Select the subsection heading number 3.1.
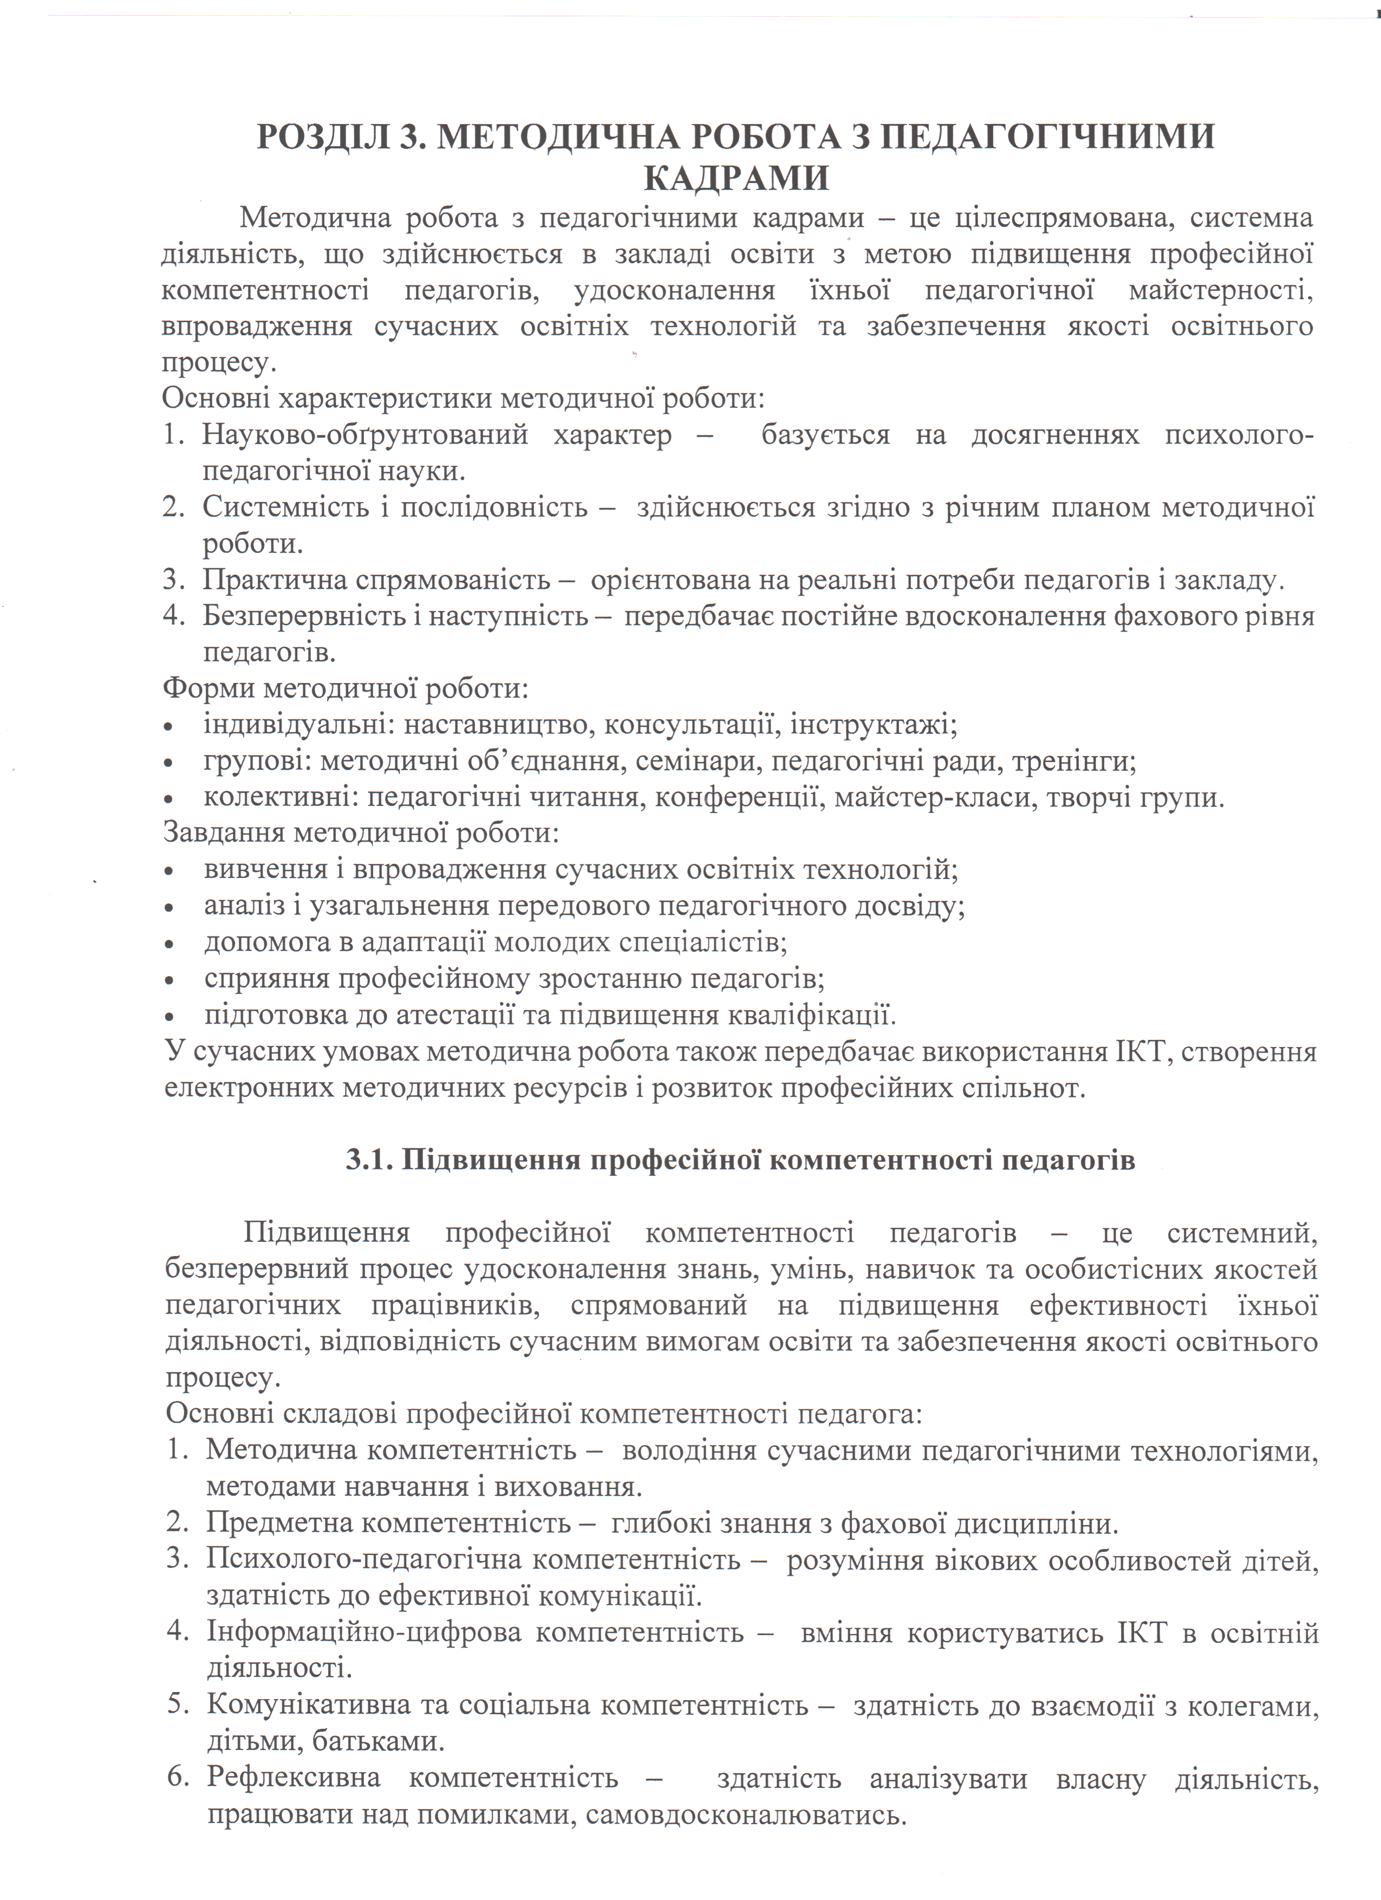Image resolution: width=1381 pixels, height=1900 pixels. click(369, 1160)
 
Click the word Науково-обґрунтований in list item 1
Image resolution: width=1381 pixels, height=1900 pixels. click(365, 435)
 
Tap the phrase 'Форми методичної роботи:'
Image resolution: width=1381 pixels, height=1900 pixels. click(345, 688)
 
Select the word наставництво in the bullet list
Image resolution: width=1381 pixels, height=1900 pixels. click(499, 725)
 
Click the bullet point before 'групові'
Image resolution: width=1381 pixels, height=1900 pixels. click(169, 763)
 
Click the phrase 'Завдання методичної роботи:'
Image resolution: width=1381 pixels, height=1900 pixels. click(360, 834)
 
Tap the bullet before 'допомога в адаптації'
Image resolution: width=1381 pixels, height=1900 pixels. click(169, 944)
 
